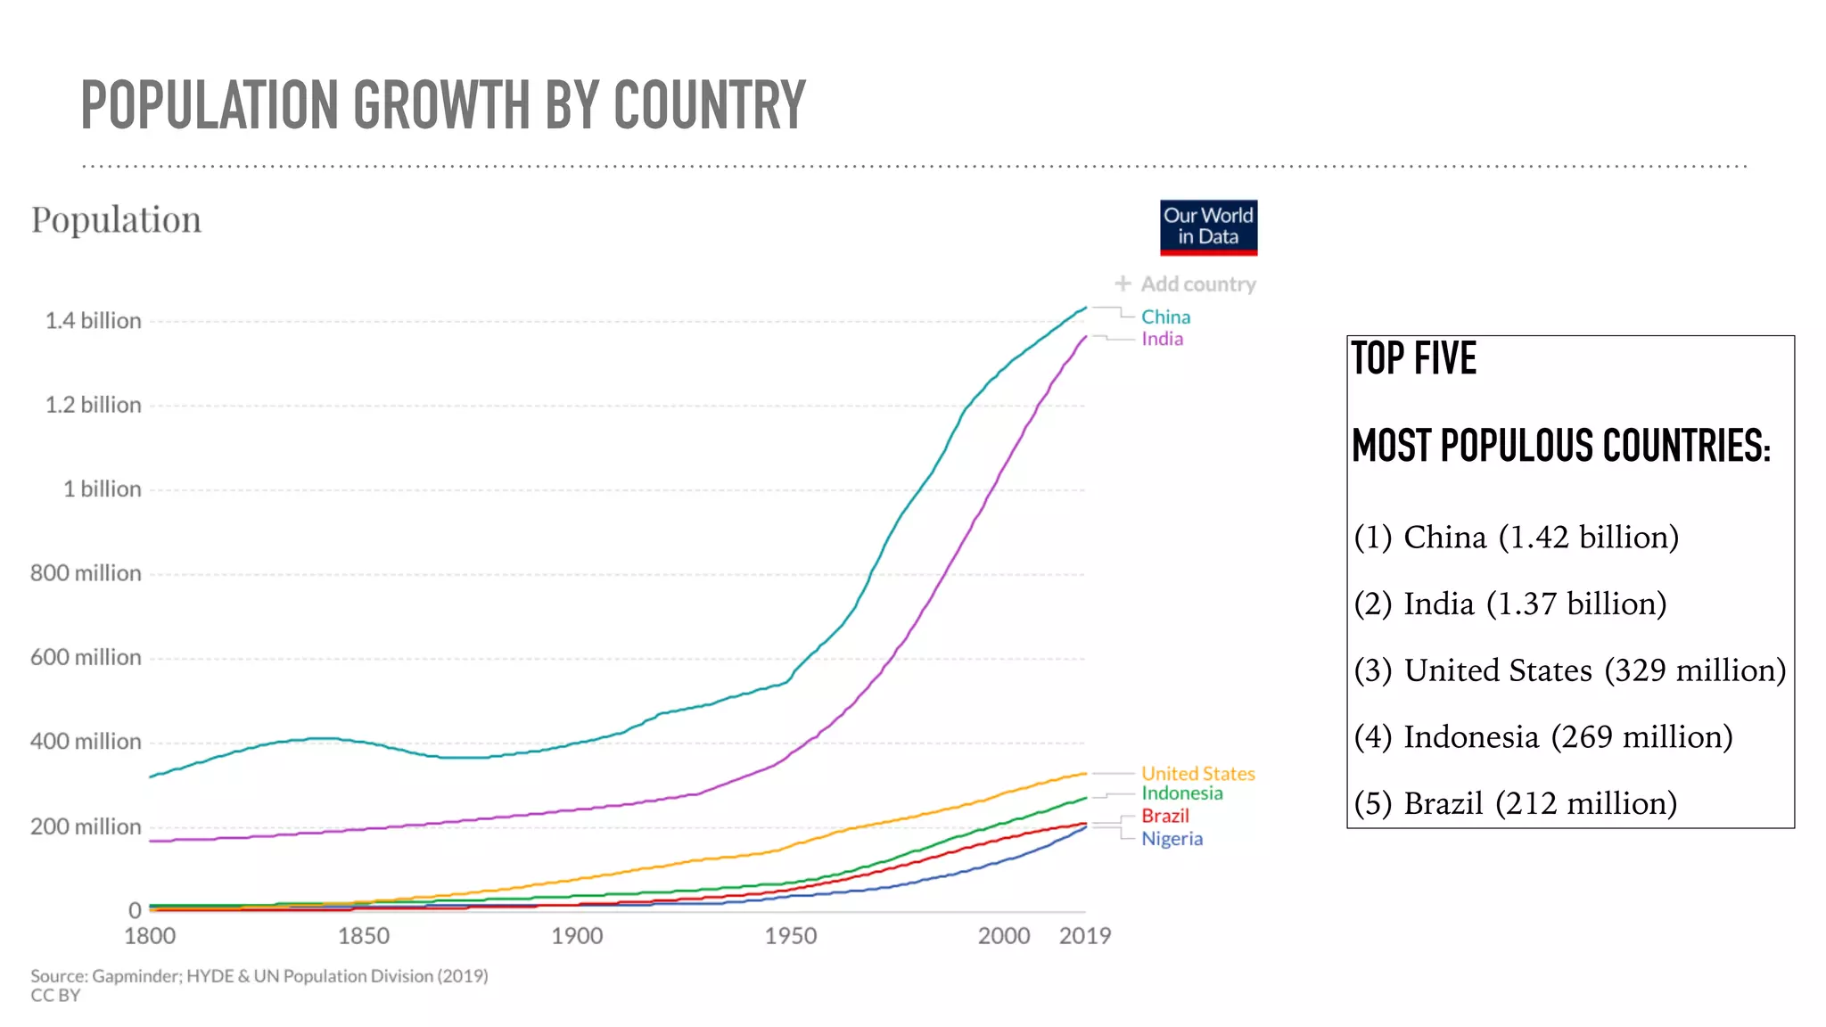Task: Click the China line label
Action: click(x=1165, y=317)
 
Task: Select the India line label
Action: click(x=1162, y=339)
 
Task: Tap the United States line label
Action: click(x=1197, y=774)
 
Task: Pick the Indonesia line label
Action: click(x=1182, y=793)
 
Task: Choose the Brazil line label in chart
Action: click(x=1164, y=816)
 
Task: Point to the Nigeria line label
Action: click(x=1172, y=839)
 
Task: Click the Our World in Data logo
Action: click(x=1208, y=227)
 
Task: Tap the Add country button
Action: click(x=1186, y=284)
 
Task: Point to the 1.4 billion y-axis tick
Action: click(x=94, y=321)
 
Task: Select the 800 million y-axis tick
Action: click(x=86, y=573)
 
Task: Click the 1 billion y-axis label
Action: click(x=102, y=489)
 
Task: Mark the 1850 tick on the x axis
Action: click(x=364, y=936)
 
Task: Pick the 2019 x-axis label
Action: click(x=1084, y=936)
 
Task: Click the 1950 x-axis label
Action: click(x=791, y=936)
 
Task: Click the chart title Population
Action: click(x=116, y=220)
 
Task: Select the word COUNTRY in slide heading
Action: click(x=709, y=105)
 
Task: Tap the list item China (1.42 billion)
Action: click(x=1516, y=538)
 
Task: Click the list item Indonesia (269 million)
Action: click(x=1542, y=737)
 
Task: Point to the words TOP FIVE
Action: click(x=1414, y=358)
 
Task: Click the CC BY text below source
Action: click(x=55, y=996)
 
